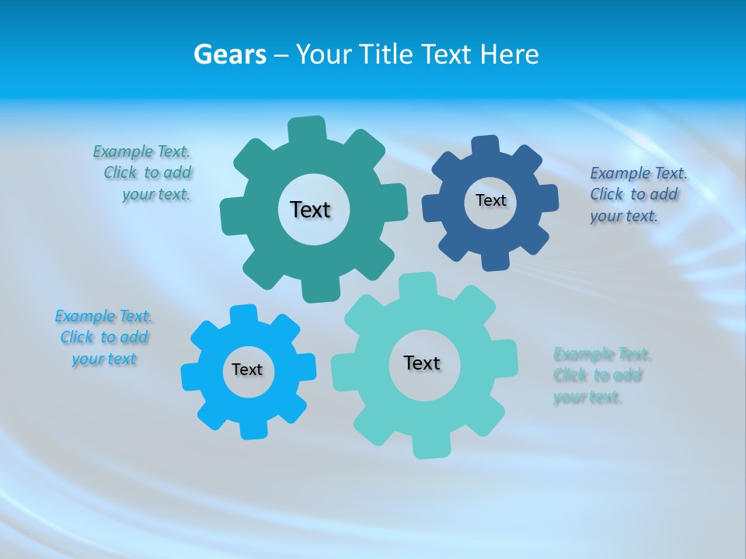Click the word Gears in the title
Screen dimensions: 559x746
[x=230, y=54]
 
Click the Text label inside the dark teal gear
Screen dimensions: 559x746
[x=310, y=210]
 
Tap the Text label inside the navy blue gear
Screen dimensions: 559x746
[x=490, y=200]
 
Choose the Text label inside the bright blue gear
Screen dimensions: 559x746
[x=247, y=370]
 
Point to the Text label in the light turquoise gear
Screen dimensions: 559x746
[x=422, y=363]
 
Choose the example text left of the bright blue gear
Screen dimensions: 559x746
[x=103, y=338]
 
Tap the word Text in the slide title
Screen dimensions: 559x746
[x=448, y=54]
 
